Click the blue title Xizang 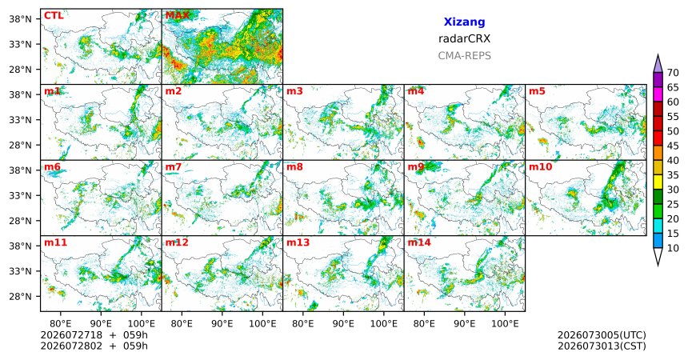click(464, 22)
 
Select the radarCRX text click(464, 38)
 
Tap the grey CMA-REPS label click(464, 56)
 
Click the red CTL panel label click(54, 16)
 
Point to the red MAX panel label click(178, 16)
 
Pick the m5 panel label click(537, 91)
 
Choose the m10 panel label click(540, 167)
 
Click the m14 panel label click(419, 242)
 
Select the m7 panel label click(174, 167)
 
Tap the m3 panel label click(294, 91)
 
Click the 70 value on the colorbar click(673, 73)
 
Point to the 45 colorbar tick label click(673, 146)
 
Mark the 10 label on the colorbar click(673, 249)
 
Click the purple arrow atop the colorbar click(658, 64)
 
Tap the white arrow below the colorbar click(658, 257)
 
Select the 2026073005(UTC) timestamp click(602, 335)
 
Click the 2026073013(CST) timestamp click(602, 346)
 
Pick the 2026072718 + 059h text click(94, 335)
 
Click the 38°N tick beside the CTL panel click(20, 19)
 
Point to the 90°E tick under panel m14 click(465, 324)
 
